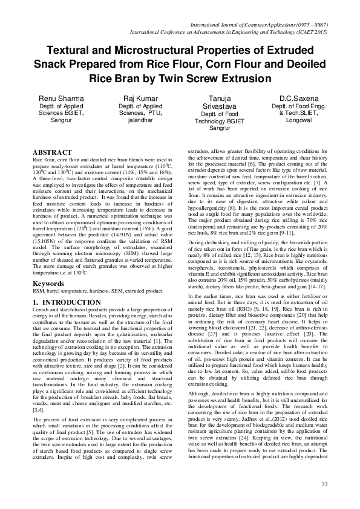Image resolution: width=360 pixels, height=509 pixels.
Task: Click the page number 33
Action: tap(324, 485)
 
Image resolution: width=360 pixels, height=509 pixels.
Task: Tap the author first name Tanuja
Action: tap(219, 98)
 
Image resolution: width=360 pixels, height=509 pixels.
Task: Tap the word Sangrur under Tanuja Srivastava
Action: tap(219, 128)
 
